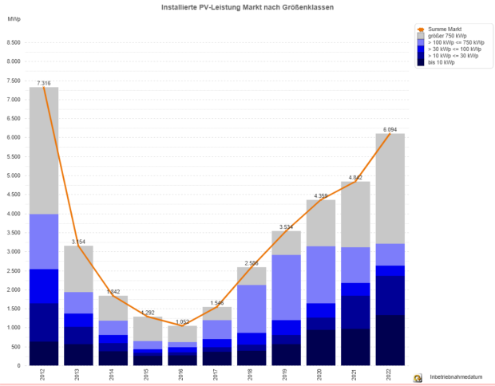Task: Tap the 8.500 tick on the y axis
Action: click(14, 42)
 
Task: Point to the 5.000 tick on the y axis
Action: click(14, 175)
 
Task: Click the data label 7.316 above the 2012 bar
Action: click(44, 82)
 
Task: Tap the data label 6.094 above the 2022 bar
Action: click(390, 129)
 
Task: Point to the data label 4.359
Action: click(321, 195)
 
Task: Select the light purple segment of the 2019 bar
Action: click(286, 287)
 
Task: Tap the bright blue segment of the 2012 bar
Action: click(44, 286)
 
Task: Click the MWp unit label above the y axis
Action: click(13, 18)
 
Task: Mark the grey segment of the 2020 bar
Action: click(321, 223)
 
